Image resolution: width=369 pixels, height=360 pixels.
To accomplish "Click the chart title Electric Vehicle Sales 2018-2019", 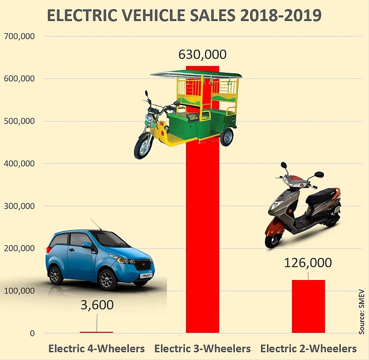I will click(184, 15).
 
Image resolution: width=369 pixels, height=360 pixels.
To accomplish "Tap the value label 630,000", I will click(202, 54).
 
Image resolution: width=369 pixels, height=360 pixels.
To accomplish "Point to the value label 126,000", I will click(308, 263).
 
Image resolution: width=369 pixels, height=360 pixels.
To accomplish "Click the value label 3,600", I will click(97, 305).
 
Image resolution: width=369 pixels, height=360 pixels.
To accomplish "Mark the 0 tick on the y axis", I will click(32, 333).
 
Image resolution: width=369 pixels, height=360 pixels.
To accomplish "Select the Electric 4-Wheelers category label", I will click(97, 349).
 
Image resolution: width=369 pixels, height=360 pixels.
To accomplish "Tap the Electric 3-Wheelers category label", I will click(202, 349).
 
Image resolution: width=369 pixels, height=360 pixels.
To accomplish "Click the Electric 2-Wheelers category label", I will click(309, 349).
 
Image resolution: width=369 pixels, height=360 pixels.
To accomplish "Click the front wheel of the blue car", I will click(107, 279).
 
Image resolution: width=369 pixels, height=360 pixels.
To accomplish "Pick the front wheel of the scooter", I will click(273, 238).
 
